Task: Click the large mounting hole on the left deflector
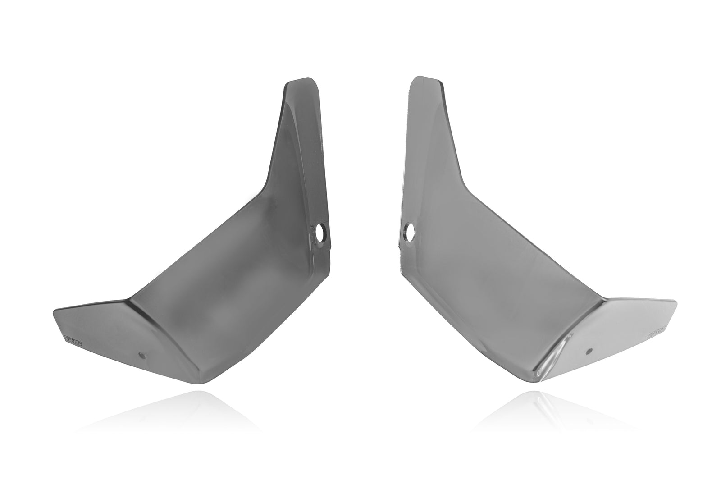click(x=320, y=234)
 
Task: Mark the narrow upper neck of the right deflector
click(x=433, y=135)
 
